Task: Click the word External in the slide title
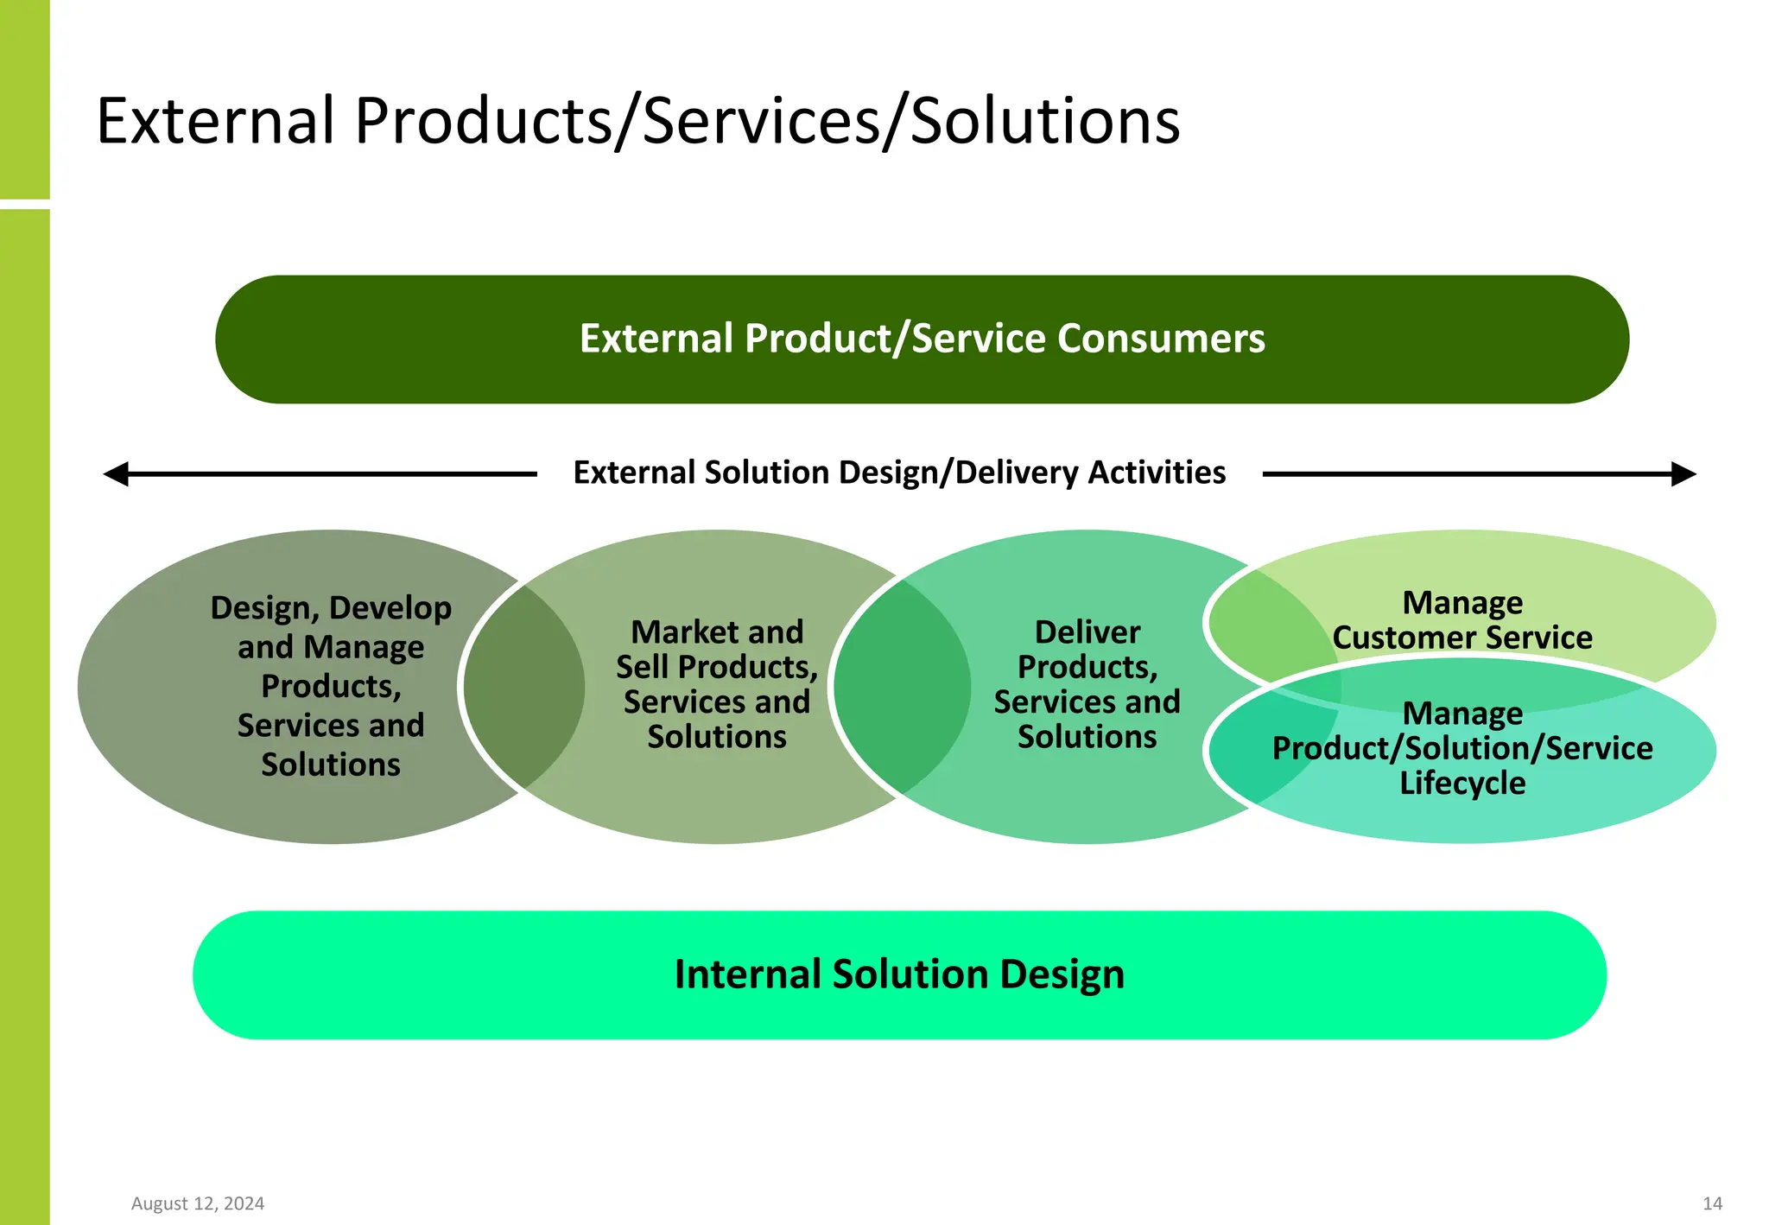[x=215, y=121]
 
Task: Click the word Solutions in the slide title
[x=1045, y=121]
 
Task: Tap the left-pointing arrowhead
[x=117, y=474]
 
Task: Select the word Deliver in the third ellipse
[x=1087, y=632]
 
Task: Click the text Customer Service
[x=1461, y=638]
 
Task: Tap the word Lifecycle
[x=1461, y=784]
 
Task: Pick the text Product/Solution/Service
[x=1461, y=748]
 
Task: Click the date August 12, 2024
[x=198, y=1203]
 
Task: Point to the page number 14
[x=1712, y=1203]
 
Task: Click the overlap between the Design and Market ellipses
[x=524, y=687]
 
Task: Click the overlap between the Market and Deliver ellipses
[x=901, y=687]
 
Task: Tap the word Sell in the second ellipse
[x=644, y=667]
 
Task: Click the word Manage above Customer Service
[x=1461, y=603]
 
